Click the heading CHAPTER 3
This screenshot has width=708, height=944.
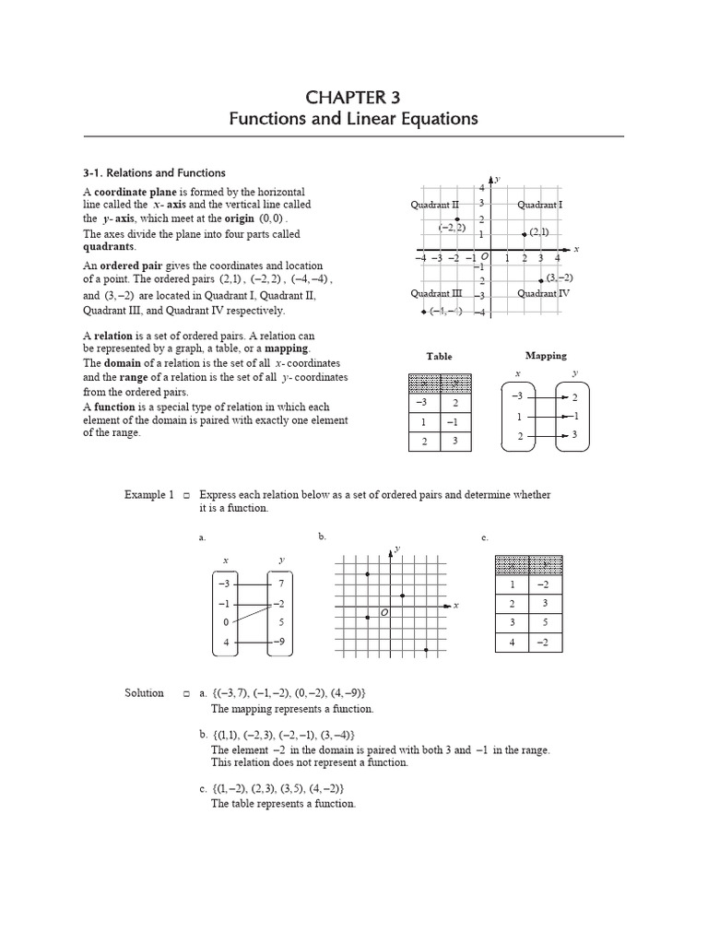click(354, 97)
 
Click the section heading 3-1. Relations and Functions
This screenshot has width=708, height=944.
click(154, 172)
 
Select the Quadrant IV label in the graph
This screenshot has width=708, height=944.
click(543, 293)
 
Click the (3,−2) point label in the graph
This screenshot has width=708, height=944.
click(559, 277)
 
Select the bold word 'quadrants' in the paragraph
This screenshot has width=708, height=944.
click(108, 246)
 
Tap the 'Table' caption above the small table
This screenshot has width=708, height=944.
click(439, 356)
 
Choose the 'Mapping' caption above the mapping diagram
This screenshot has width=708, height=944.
click(546, 355)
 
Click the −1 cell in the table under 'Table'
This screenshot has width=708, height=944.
click(454, 422)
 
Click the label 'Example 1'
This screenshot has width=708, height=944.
click(149, 495)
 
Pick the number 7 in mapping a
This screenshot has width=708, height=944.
click(280, 584)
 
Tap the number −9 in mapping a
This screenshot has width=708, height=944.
click(280, 641)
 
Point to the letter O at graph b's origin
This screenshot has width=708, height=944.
click(383, 611)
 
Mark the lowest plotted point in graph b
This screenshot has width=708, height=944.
click(426, 650)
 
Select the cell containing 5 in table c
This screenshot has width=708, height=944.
click(544, 622)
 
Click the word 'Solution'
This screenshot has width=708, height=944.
click(144, 692)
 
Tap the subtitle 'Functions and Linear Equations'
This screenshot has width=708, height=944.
click(354, 119)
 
